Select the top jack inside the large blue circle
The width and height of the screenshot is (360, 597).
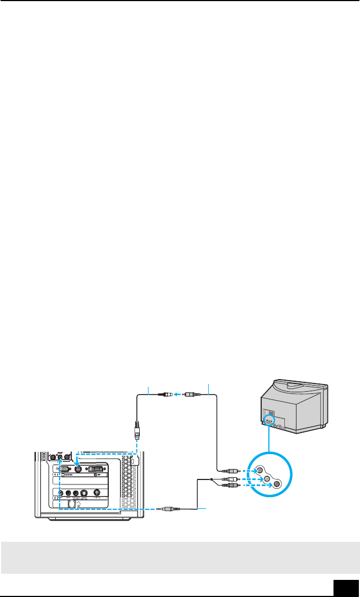pos(259,470)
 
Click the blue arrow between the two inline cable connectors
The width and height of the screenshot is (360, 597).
pos(178,395)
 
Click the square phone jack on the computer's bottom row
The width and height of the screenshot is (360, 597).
pos(71,504)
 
